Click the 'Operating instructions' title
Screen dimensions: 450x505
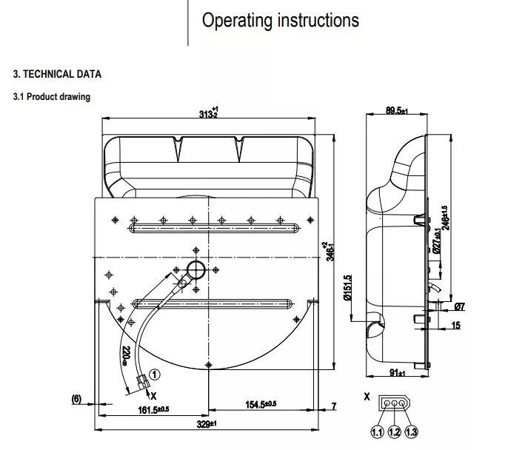coord(281,20)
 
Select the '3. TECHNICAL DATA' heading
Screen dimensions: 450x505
coord(57,74)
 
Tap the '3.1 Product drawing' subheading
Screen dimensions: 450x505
coord(52,96)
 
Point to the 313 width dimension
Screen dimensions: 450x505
coord(210,113)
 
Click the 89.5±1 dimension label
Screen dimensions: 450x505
coord(397,110)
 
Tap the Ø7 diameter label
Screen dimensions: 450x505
coord(459,306)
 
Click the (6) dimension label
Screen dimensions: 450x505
coord(76,399)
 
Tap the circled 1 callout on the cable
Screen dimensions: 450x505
coord(154,375)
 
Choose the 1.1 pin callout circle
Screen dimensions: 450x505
coord(377,431)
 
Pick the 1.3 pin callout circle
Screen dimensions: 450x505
coord(411,431)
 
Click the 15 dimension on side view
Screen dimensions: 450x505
coord(455,326)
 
